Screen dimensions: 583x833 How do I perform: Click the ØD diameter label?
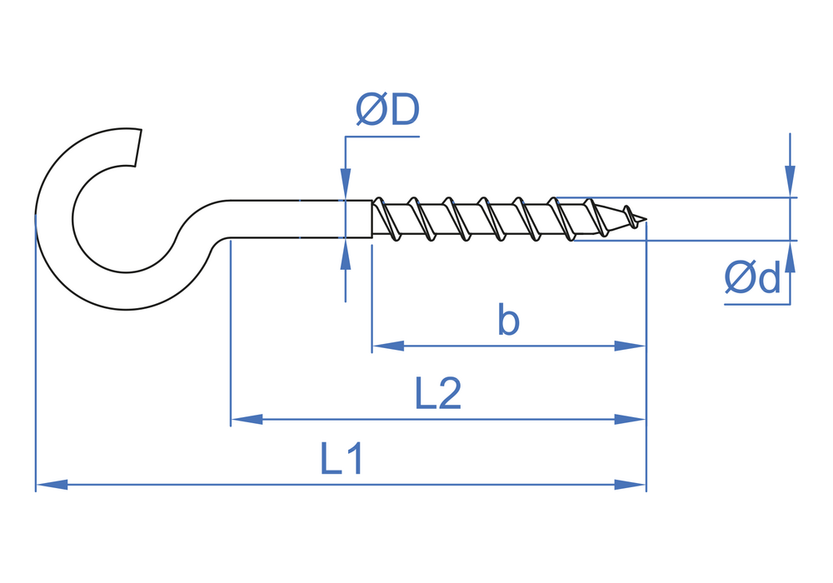[387, 111]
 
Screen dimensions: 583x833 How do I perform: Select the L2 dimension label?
[437, 394]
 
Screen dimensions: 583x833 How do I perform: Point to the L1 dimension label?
[342, 459]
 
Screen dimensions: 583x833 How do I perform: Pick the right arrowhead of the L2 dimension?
[631, 419]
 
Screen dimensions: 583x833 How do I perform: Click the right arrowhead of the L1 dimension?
[631, 484]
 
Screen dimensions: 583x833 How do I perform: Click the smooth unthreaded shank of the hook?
[300, 219]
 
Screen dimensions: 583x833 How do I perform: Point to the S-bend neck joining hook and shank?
[196, 229]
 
